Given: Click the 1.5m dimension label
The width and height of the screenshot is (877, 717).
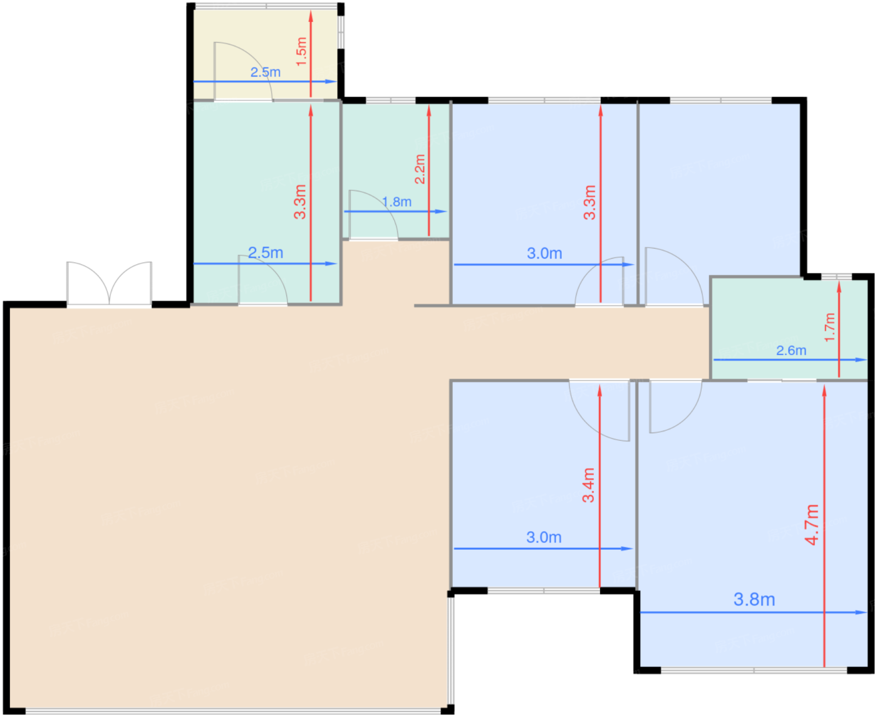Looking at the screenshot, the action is pyautogui.click(x=301, y=51).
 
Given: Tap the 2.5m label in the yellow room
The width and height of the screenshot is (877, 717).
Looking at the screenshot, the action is pyautogui.click(x=266, y=72).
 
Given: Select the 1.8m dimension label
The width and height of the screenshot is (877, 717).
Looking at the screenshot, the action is pyautogui.click(x=397, y=202).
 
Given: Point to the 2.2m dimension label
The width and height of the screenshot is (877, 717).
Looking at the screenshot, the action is pyautogui.click(x=420, y=169).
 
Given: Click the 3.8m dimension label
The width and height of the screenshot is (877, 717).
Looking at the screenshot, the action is pyautogui.click(x=754, y=599).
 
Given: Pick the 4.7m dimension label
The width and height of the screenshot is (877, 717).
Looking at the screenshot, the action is pyautogui.click(x=812, y=525).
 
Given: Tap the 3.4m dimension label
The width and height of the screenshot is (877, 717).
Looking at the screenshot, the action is pyautogui.click(x=588, y=485).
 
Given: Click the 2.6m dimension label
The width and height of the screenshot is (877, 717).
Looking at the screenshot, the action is pyautogui.click(x=791, y=351).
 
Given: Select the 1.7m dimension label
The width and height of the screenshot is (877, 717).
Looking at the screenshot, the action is pyautogui.click(x=829, y=328).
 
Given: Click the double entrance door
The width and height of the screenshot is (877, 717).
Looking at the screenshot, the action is pyautogui.click(x=110, y=284).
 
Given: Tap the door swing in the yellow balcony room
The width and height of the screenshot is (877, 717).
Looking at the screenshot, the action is pyautogui.click(x=243, y=71).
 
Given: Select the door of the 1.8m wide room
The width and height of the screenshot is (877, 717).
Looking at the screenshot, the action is pyautogui.click(x=373, y=215).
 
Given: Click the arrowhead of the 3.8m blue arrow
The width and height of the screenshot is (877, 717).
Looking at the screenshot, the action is pyautogui.click(x=861, y=612).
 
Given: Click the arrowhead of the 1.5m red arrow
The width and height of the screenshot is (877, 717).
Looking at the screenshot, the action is pyautogui.click(x=311, y=16).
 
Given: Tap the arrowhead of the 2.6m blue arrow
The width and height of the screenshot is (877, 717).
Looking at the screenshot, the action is pyautogui.click(x=861, y=359).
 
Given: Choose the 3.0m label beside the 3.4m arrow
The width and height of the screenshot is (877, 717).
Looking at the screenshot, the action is pyautogui.click(x=544, y=537).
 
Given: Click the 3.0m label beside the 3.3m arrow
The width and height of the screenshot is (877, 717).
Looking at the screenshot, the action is pyautogui.click(x=544, y=253).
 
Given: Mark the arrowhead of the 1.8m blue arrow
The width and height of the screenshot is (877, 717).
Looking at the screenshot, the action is pyautogui.click(x=441, y=212).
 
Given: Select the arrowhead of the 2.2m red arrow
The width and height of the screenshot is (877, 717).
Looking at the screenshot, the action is pyautogui.click(x=429, y=111).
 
